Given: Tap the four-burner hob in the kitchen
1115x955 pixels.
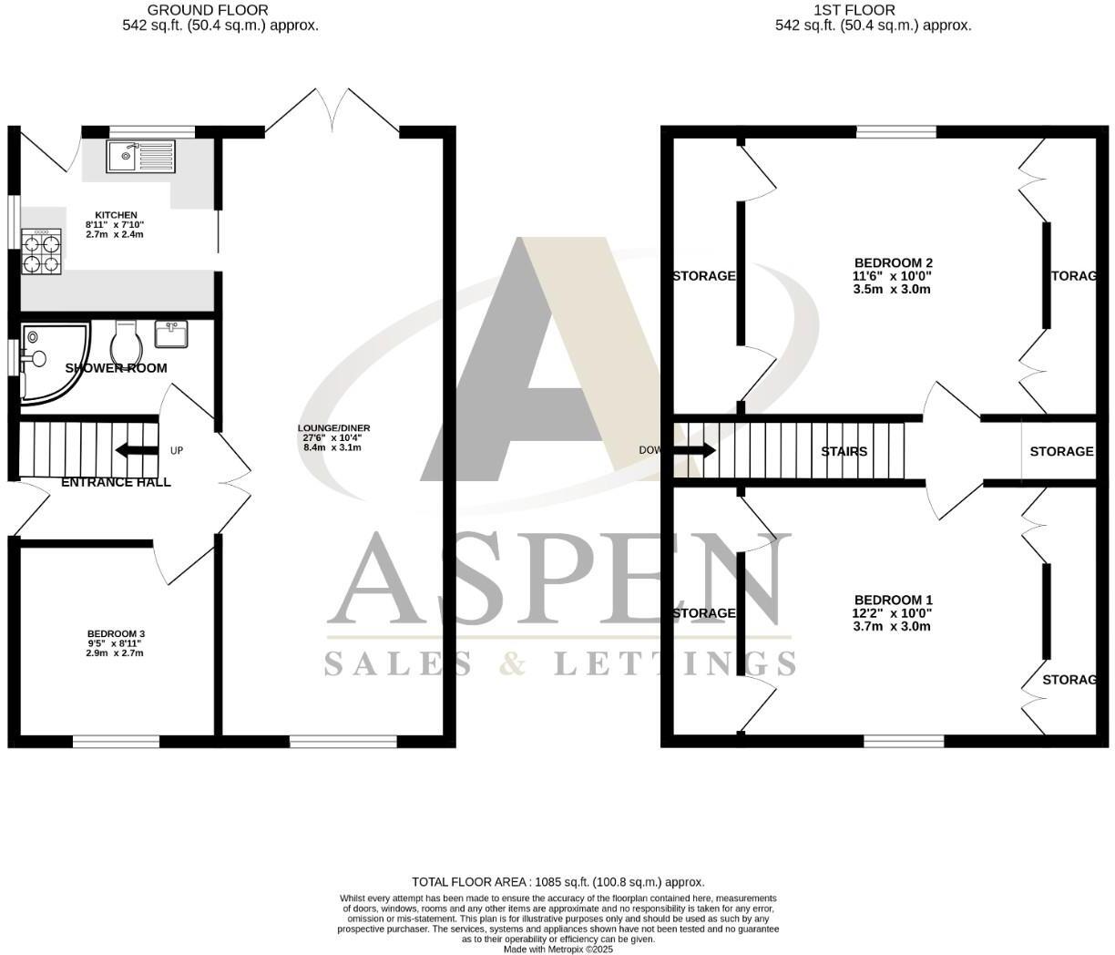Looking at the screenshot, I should (x=41, y=252).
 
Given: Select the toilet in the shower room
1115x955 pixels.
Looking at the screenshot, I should (x=125, y=343).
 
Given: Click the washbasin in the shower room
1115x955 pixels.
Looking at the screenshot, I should (x=171, y=334).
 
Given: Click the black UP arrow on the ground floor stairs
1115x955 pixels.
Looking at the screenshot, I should (x=135, y=450).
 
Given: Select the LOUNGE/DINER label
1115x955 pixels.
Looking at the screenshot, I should (x=333, y=428).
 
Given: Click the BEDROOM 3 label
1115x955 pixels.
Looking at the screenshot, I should (x=116, y=634).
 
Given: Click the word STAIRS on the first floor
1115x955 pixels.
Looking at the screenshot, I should (x=844, y=451).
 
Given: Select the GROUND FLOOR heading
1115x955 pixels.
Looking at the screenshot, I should (x=220, y=10).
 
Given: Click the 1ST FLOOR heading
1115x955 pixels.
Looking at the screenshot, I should (x=854, y=10).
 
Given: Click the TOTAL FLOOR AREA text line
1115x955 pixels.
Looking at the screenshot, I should (x=557, y=882).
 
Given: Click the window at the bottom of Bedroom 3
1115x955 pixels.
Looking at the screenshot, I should (x=116, y=741).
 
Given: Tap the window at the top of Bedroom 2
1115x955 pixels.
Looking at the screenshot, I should (x=896, y=132).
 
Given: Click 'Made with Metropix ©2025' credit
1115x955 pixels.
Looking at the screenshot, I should (x=557, y=949).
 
